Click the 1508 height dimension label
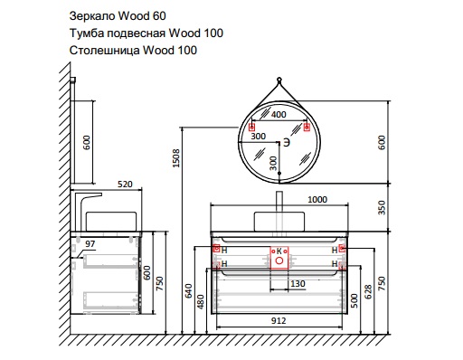[x=176, y=157]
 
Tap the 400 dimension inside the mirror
[x=279, y=115]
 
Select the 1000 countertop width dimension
[x=317, y=200]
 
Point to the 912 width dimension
[x=279, y=320]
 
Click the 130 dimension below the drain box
[x=298, y=284]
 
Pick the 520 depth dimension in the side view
[x=125, y=185]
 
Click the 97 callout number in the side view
[x=90, y=243]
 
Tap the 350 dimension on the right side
[x=382, y=207]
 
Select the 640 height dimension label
[x=189, y=290]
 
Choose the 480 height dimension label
[x=201, y=302]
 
